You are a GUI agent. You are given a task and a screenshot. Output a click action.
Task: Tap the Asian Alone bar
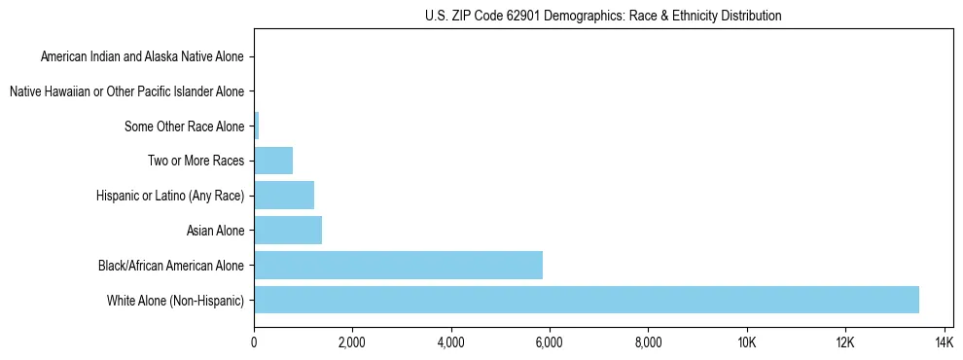(x=288, y=231)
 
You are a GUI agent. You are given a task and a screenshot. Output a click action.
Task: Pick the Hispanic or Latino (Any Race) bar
(x=284, y=196)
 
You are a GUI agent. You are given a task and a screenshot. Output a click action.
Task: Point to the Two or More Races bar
(x=273, y=161)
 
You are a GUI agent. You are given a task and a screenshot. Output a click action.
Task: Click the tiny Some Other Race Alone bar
(x=257, y=126)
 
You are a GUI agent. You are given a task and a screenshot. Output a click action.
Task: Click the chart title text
(x=603, y=16)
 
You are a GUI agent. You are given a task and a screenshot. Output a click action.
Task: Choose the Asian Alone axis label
(x=216, y=231)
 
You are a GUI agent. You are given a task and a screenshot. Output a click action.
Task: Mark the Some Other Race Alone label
(x=185, y=126)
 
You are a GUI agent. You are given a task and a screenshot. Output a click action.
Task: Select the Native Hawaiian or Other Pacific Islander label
(x=126, y=91)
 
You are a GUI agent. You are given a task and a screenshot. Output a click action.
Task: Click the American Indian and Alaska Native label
(x=142, y=56)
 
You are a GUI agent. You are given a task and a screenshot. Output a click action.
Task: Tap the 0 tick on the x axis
(x=254, y=342)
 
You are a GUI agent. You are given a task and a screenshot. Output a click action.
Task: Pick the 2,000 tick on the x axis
(x=352, y=342)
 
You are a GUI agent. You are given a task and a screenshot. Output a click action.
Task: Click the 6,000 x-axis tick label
(x=550, y=342)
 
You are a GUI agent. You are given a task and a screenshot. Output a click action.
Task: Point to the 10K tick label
(x=747, y=342)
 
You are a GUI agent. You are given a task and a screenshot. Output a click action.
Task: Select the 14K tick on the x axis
(x=944, y=342)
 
